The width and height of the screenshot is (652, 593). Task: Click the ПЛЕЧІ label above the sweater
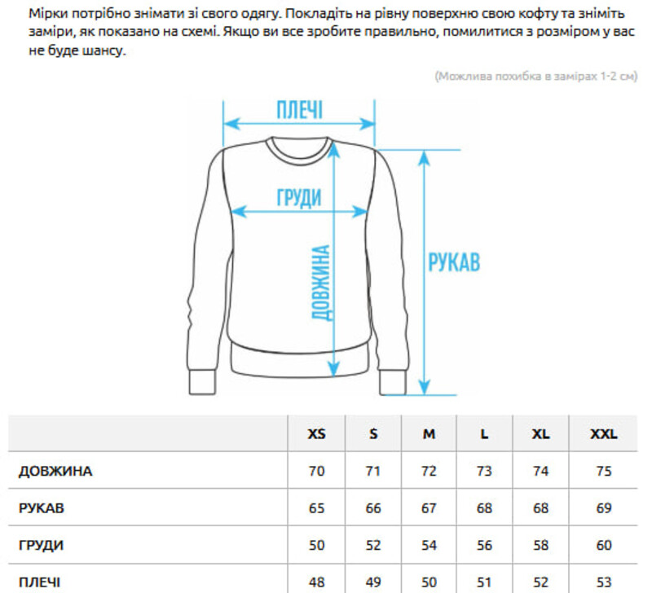click(x=299, y=110)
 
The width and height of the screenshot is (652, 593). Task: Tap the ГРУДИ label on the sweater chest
click(x=299, y=197)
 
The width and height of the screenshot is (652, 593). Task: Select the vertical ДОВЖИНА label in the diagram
click(x=322, y=283)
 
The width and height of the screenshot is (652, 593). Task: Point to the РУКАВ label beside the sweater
click(x=454, y=262)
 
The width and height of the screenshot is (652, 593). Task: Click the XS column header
click(x=316, y=434)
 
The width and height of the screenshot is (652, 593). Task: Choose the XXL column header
click(x=604, y=434)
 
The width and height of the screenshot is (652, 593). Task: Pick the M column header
click(x=429, y=434)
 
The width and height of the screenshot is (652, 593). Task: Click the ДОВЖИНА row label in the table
click(x=55, y=472)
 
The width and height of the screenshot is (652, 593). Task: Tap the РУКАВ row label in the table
click(x=42, y=508)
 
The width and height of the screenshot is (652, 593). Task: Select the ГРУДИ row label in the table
click(x=41, y=545)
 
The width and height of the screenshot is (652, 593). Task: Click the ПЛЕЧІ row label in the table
click(x=39, y=582)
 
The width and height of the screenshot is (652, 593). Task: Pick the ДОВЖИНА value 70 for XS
click(x=316, y=472)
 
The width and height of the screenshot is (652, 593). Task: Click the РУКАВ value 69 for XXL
click(x=604, y=508)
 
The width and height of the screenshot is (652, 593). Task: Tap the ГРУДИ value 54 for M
click(x=429, y=545)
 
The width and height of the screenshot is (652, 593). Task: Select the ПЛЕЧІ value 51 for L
click(x=484, y=582)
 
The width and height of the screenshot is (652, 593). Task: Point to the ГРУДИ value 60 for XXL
click(x=604, y=545)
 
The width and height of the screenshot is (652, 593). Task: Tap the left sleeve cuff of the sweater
click(x=202, y=381)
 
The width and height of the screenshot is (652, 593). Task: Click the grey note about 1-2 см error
click(x=536, y=77)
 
